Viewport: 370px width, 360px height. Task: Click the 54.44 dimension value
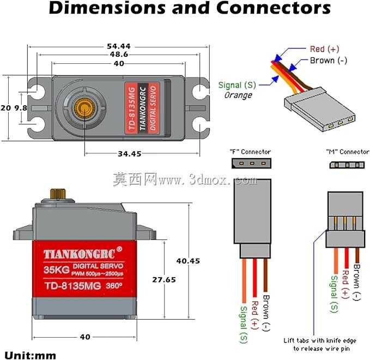point(119,46)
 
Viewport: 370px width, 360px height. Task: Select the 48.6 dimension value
point(119,55)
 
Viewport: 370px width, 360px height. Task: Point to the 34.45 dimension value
point(130,154)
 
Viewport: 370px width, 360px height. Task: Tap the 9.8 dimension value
point(21,108)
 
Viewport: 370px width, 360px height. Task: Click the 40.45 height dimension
point(188,261)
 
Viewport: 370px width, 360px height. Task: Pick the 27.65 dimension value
point(164,280)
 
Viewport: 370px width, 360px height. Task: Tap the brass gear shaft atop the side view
point(58,194)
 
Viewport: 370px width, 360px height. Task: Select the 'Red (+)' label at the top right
point(324,49)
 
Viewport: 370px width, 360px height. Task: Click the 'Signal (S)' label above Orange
point(237,85)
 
